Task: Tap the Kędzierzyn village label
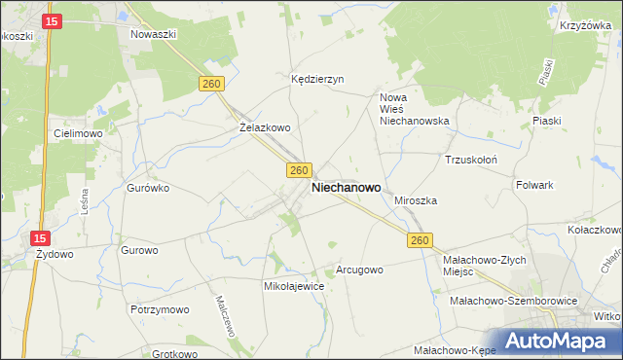coord(318,80)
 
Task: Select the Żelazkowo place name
coord(265,127)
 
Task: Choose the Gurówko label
coord(149,188)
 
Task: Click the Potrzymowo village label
coord(159,308)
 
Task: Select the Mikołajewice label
coord(294,287)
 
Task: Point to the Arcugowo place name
coord(359,270)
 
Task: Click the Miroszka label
coord(416,200)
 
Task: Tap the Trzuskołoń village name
coord(471,160)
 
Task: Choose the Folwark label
coord(534,184)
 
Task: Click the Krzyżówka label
coord(584,26)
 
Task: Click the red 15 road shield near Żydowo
coord(39,237)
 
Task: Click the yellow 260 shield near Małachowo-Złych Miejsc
coord(420,240)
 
